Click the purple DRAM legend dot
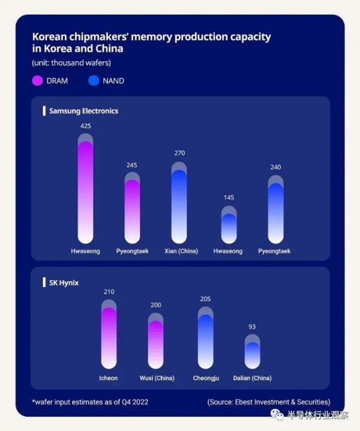(37, 80)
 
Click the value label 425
(86, 126)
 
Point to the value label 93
(252, 327)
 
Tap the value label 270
(179, 153)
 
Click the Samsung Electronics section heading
(83, 111)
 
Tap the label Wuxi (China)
(155, 378)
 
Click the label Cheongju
(205, 378)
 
